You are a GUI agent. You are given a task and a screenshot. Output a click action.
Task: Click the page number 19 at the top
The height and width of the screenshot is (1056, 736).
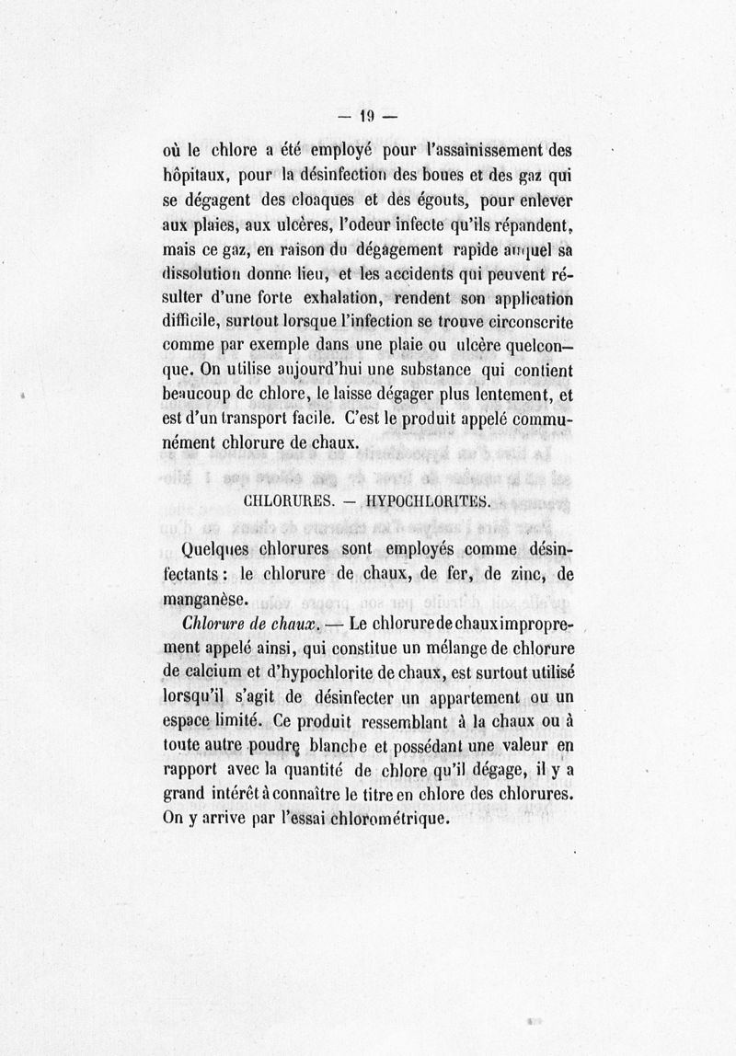367,117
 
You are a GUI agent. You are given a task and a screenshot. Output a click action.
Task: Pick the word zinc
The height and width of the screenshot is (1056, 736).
507,574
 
